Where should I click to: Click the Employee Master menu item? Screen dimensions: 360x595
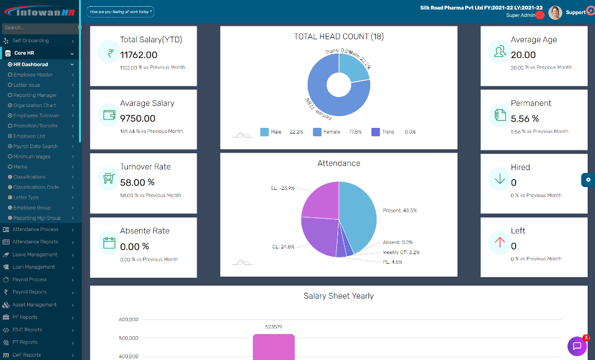pos(33,75)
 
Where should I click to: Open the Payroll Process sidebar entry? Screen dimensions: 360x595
pos(30,279)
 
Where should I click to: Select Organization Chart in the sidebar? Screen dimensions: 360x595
pos(35,105)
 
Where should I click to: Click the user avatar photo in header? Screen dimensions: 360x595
pos(555,12)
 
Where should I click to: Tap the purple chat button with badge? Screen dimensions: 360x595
pos(577,346)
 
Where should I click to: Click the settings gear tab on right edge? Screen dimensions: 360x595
pos(588,180)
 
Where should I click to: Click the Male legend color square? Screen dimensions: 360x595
pos(264,132)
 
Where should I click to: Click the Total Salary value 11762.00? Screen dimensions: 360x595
pos(139,55)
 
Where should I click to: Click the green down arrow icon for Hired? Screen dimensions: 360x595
pos(499,179)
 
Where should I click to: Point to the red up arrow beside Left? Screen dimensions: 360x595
pos(499,243)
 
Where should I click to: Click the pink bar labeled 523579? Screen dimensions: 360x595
pos(273,346)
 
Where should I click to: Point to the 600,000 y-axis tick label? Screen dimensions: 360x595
pos(128,319)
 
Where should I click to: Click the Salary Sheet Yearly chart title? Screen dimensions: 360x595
pos(338,296)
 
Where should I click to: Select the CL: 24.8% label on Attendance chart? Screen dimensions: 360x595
pos(283,247)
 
